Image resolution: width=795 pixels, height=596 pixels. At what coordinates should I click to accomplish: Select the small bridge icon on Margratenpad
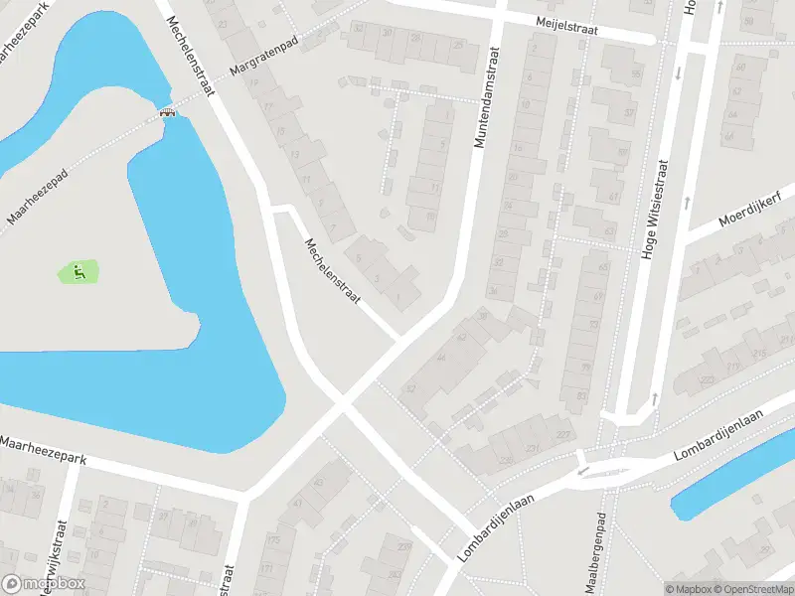click(x=168, y=112)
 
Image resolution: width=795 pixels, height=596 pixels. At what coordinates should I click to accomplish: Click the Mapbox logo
click(x=44, y=584)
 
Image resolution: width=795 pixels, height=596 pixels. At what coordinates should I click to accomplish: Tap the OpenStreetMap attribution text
click(x=750, y=589)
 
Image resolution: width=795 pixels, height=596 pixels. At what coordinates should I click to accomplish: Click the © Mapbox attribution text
click(x=689, y=589)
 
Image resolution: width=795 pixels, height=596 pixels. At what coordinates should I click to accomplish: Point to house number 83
click(x=579, y=394)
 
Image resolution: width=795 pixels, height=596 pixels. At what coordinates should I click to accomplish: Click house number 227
click(x=563, y=434)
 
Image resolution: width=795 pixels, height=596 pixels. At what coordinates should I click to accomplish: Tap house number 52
click(x=409, y=389)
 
